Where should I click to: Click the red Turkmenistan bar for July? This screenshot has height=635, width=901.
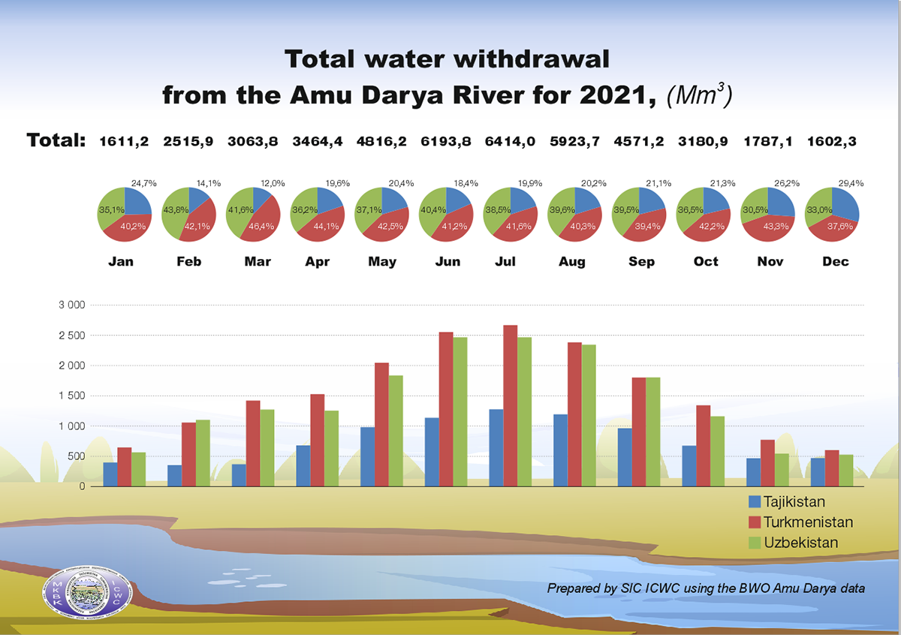tap(511, 405)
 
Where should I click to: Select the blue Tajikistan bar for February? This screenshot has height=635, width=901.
tap(174, 476)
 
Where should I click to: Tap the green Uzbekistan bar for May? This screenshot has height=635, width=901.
tap(396, 431)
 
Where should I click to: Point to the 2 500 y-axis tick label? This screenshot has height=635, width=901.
tap(73, 336)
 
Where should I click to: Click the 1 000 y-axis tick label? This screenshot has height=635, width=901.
tap(73, 426)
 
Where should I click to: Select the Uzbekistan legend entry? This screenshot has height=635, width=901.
tap(801, 542)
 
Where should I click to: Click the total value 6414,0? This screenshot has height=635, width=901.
tap(511, 140)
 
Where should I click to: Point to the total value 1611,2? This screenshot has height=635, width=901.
tap(125, 140)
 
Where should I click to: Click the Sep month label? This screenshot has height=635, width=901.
tap(641, 262)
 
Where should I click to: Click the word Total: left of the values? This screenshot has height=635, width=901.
tap(56, 140)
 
